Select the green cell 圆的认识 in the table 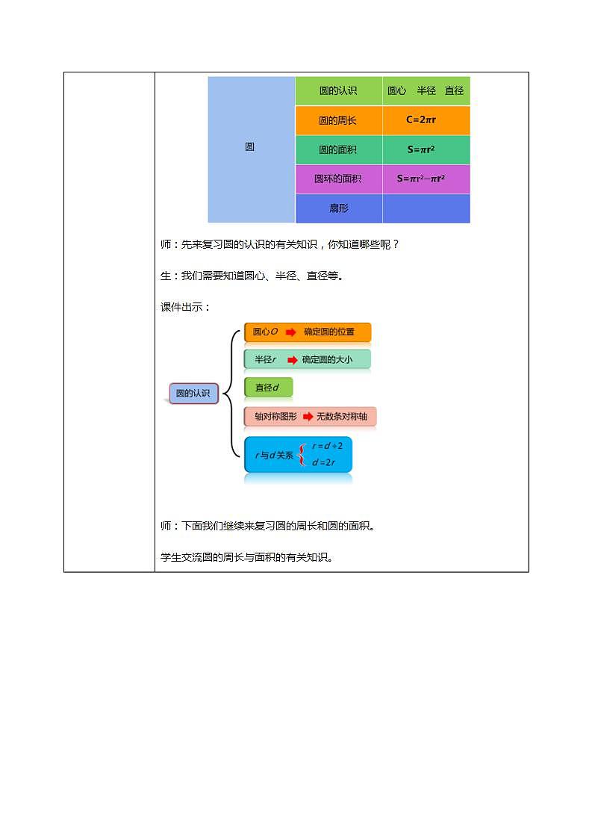(x=338, y=90)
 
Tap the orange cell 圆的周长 (x=338, y=120)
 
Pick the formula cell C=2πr (x=426, y=120)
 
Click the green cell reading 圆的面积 (x=338, y=149)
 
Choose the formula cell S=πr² (x=426, y=149)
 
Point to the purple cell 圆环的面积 (x=338, y=179)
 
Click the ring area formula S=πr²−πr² (x=426, y=179)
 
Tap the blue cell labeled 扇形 (x=338, y=208)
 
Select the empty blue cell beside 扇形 (x=426, y=208)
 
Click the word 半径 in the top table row (x=426, y=90)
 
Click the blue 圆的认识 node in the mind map (x=193, y=394)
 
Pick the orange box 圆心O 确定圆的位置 (x=307, y=332)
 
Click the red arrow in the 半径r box (x=292, y=359)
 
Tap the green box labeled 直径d (x=268, y=387)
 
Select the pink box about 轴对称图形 (x=310, y=417)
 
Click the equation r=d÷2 (x=328, y=446)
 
